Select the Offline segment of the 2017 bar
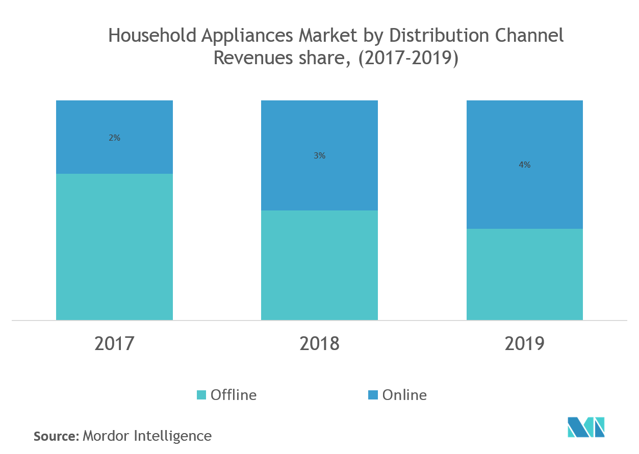(x=114, y=247)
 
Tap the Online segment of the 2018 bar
(x=319, y=178)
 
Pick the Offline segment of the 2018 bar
(x=319, y=265)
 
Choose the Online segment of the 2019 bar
(x=524, y=194)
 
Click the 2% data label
(x=114, y=138)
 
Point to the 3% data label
(x=319, y=156)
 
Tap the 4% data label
(x=524, y=165)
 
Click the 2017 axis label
(x=114, y=343)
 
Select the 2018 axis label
(x=319, y=343)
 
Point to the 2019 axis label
(x=525, y=343)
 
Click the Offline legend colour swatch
(x=201, y=395)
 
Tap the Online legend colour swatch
(x=373, y=395)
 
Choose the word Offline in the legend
(x=234, y=395)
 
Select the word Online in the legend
(x=404, y=395)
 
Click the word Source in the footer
(x=55, y=436)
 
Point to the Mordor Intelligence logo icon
(x=586, y=427)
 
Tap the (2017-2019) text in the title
(x=408, y=58)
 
